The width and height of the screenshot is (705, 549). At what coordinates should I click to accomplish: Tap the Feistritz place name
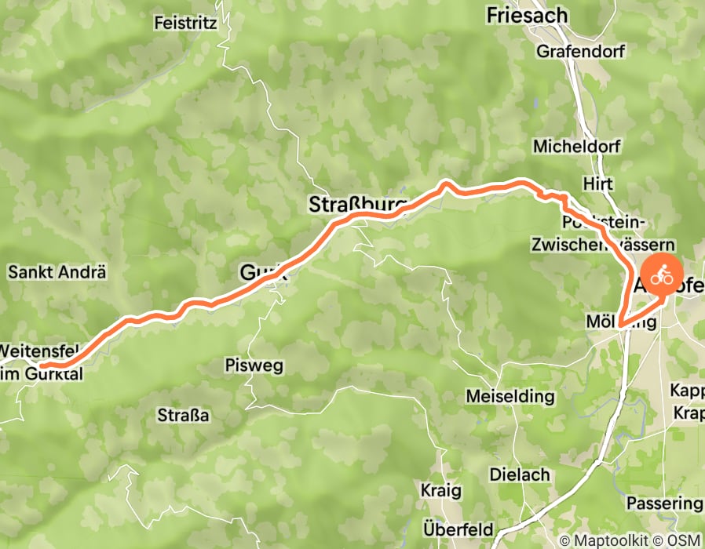(186, 23)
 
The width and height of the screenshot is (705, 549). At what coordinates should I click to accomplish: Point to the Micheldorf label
(576, 147)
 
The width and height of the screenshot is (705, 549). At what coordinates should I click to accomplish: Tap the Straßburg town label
(358, 205)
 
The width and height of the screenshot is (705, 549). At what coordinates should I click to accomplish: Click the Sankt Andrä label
(57, 273)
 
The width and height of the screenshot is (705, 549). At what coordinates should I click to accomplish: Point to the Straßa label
(183, 416)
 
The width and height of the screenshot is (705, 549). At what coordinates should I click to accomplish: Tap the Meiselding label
(505, 397)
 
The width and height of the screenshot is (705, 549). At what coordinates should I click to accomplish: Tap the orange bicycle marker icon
(663, 276)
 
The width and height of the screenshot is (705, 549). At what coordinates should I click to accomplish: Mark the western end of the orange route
(42, 365)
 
